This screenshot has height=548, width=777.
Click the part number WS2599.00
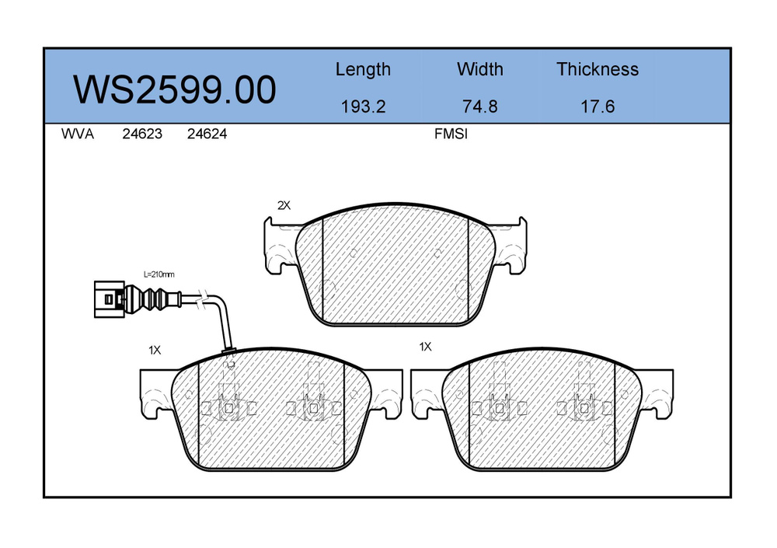(174, 89)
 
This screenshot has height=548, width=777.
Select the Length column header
(363, 69)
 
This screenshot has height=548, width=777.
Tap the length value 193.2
(363, 106)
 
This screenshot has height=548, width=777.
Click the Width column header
(479, 69)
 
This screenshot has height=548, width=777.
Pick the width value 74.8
(479, 106)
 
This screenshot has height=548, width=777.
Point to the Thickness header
(597, 69)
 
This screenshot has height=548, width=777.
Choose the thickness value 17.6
(598, 106)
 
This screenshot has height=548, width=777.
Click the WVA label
(77, 134)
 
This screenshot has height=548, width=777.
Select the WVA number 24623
(142, 134)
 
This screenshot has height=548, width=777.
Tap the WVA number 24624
(207, 134)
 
